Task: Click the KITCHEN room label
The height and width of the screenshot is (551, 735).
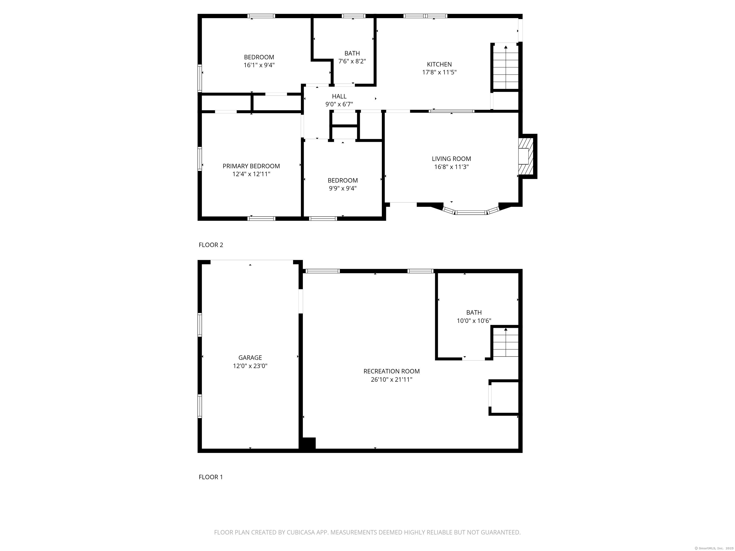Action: [439, 64]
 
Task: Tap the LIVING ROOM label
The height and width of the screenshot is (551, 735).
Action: [451, 159]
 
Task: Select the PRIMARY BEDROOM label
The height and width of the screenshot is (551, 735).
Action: [251, 166]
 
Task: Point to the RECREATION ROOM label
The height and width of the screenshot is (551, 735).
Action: [391, 371]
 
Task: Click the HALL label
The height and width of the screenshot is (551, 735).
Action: [339, 96]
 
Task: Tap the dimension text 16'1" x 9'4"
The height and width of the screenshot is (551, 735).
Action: [259, 65]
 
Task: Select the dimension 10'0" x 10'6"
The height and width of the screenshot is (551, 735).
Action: [474, 321]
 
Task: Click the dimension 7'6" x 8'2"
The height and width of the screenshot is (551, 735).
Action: [352, 61]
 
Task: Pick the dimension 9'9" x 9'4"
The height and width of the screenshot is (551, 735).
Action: [343, 188]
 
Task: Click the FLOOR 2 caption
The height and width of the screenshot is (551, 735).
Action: [211, 245]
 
